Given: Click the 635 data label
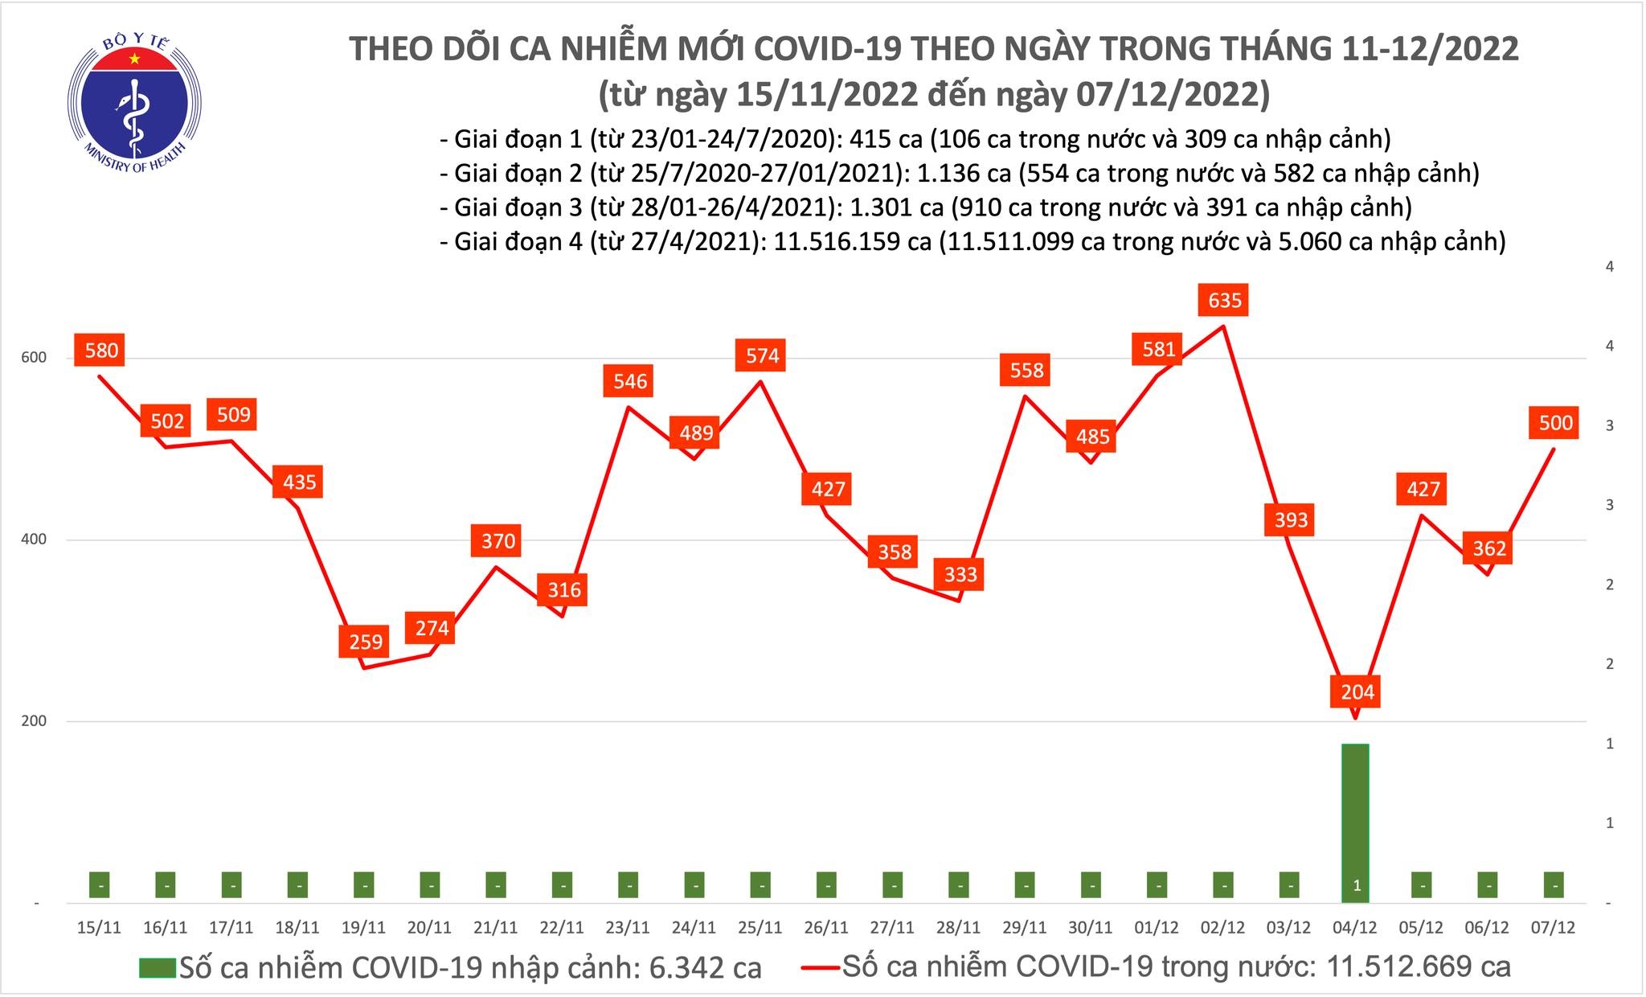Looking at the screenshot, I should [x=1224, y=301].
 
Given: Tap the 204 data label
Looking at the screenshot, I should [x=1357, y=691].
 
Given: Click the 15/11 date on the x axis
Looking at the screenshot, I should [x=99, y=928].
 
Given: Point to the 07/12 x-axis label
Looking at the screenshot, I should [x=1554, y=928].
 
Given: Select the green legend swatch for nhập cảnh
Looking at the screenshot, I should [x=158, y=967].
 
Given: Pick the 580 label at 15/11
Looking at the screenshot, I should [x=97, y=351].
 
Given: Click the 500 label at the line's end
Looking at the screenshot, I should [x=1555, y=423].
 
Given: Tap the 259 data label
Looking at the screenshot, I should [x=366, y=642].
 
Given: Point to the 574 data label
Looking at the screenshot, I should [x=762, y=355].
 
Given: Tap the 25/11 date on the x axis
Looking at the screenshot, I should [x=760, y=928].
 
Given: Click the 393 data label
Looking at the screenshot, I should [x=1291, y=519].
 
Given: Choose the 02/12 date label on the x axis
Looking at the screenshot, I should [x=1222, y=928].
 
